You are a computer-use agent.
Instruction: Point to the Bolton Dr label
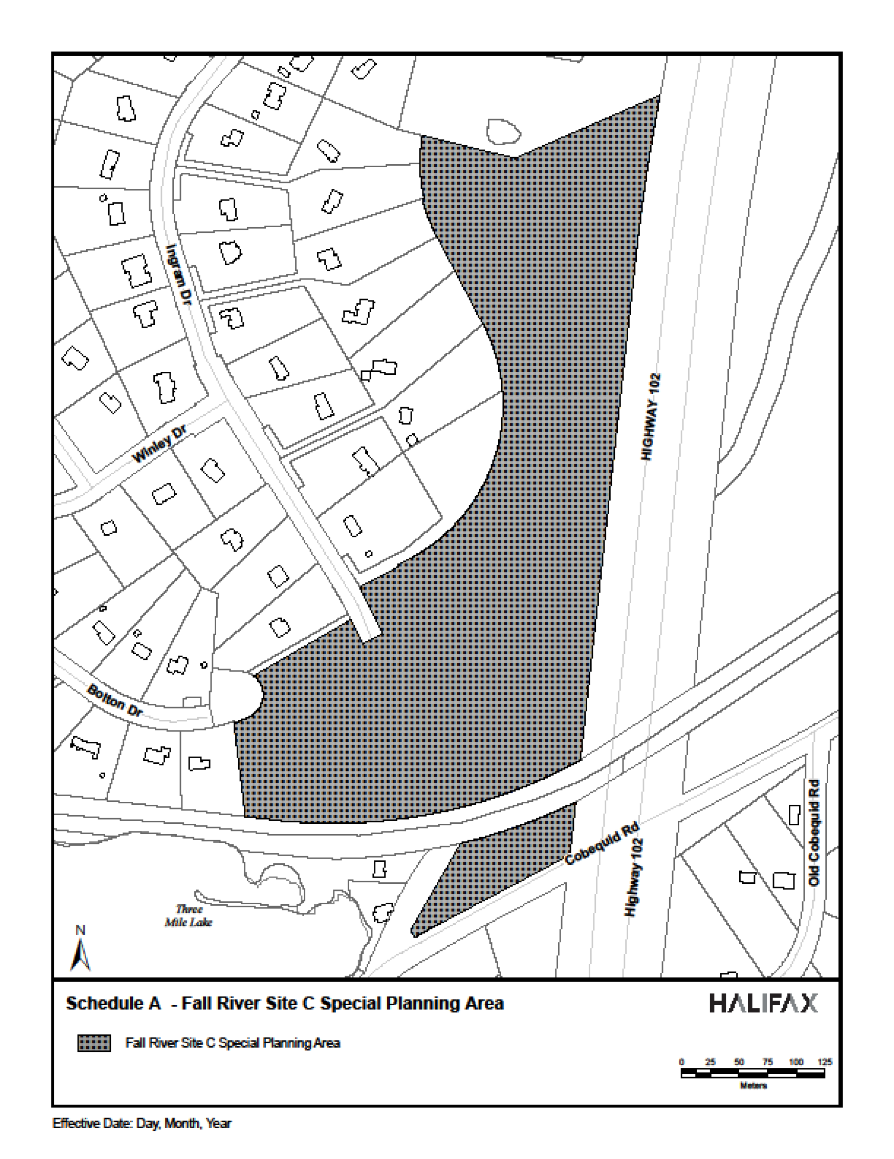pos(115,700)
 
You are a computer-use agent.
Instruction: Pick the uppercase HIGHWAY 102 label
pos(651,417)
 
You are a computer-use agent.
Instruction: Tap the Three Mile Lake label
pos(189,916)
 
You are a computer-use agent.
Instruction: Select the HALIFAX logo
pos(763,1003)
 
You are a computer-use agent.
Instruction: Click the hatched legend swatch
pos(94,1043)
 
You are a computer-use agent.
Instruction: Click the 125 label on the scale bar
pos(825,1062)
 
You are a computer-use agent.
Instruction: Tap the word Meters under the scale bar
pos(753,1086)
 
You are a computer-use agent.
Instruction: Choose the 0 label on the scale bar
pos(682,1062)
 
